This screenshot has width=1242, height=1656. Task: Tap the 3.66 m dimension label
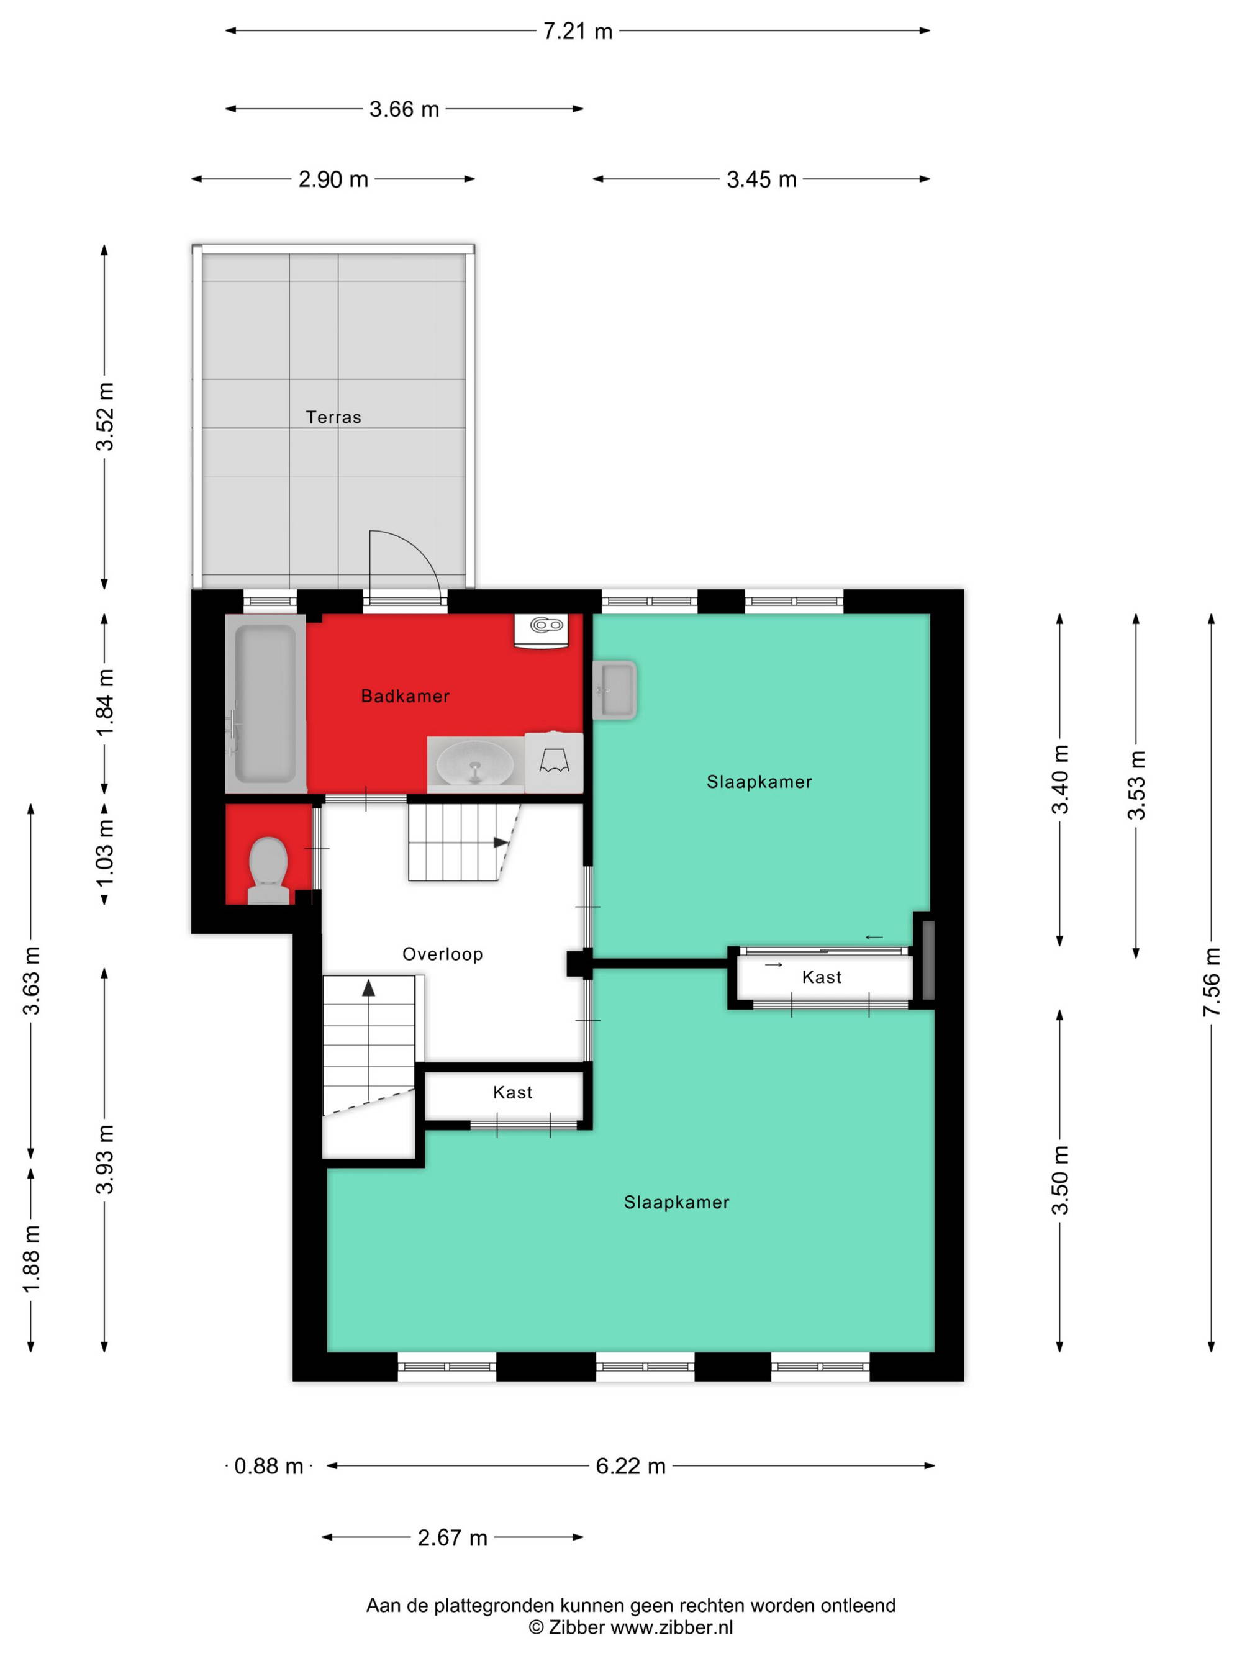(x=404, y=109)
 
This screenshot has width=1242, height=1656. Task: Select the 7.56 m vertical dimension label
(x=1212, y=982)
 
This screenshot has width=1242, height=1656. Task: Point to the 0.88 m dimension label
(x=269, y=1466)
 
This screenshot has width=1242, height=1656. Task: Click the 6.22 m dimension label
(x=630, y=1466)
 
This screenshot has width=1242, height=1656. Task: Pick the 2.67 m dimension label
(x=452, y=1537)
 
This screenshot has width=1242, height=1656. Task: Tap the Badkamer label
(x=405, y=695)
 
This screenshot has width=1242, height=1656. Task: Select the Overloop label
(x=442, y=954)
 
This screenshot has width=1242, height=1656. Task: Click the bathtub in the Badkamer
(x=266, y=704)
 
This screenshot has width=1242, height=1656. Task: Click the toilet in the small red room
(x=269, y=871)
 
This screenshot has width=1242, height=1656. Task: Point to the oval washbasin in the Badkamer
(x=474, y=764)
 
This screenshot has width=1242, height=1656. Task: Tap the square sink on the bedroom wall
(x=615, y=689)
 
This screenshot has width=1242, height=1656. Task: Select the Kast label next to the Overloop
(x=512, y=1092)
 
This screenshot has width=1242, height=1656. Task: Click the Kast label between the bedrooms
(x=821, y=977)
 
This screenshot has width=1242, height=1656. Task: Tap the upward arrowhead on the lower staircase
(x=368, y=989)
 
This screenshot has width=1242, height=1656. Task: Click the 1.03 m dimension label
(x=105, y=853)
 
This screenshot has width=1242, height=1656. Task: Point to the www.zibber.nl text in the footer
(x=671, y=1627)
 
